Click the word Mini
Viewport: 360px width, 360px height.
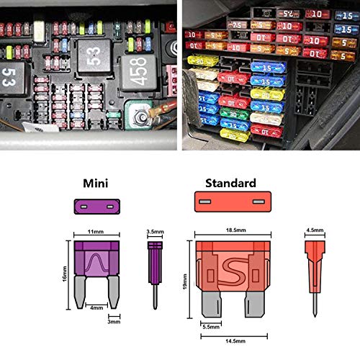95,184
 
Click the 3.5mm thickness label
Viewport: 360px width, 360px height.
153,232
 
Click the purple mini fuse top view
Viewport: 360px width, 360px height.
96,207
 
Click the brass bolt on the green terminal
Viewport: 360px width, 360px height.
138,113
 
